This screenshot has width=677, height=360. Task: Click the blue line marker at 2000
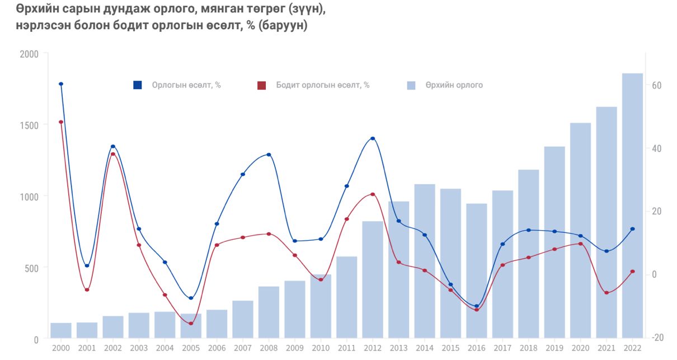click(x=61, y=84)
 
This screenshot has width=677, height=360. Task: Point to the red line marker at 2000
click(x=61, y=122)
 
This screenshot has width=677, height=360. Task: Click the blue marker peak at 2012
click(x=373, y=138)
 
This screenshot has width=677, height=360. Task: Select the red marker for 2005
click(x=191, y=324)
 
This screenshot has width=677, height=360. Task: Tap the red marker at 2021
click(x=607, y=293)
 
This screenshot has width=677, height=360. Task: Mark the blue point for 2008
click(x=269, y=155)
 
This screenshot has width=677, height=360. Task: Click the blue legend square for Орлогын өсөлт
click(x=138, y=85)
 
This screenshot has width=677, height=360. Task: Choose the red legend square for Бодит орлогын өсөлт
click(x=261, y=85)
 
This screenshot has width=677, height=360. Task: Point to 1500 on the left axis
click(x=29, y=125)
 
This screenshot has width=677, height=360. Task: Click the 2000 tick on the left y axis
click(x=29, y=54)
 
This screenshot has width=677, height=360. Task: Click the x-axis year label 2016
click(x=477, y=348)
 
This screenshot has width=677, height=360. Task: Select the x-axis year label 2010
click(x=321, y=348)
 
